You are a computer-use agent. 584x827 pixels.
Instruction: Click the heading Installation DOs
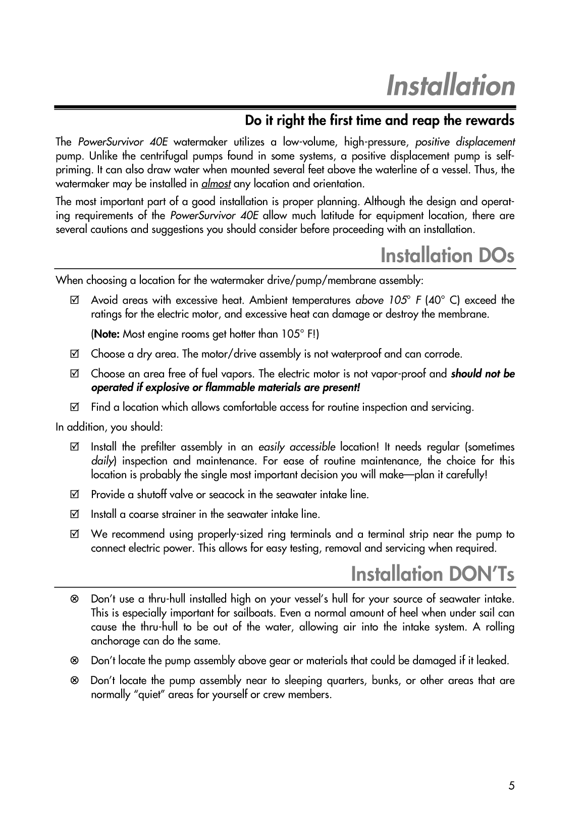click(x=447, y=255)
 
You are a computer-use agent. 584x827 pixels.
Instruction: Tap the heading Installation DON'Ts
click(x=433, y=574)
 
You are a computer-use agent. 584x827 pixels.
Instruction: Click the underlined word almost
click(x=216, y=183)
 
